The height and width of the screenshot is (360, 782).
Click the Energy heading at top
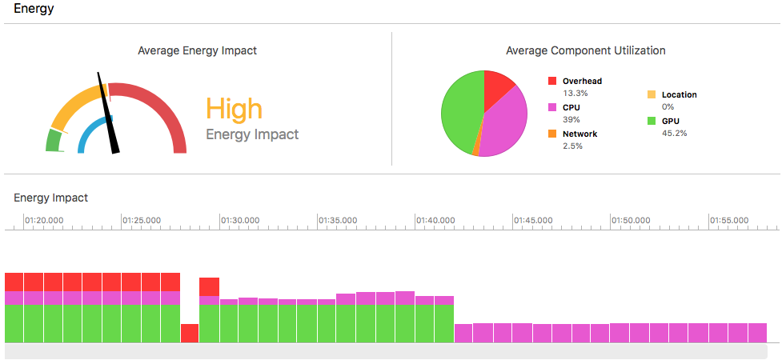33,9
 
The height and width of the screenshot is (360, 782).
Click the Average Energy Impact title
198,50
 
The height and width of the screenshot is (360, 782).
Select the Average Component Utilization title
586,50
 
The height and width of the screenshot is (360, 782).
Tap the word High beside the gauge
234,109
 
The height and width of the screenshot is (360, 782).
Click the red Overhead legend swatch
552,82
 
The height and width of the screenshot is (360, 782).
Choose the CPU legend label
571,107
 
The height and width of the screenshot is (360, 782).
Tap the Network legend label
579,134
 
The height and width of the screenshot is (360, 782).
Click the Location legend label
679,94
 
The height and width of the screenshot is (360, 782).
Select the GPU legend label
672,121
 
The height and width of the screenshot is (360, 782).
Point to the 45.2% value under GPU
674,133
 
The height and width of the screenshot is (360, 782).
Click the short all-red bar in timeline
190,333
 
